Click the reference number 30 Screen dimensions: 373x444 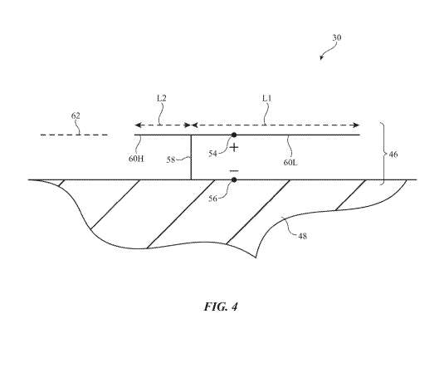point(336,37)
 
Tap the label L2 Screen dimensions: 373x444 point(162,97)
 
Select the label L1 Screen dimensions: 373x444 point(266,97)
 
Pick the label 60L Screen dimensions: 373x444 point(290,162)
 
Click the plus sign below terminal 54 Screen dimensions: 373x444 point(234,147)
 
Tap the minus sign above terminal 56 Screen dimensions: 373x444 point(234,169)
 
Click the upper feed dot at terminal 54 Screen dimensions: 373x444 point(234,135)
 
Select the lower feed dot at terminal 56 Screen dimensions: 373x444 point(234,179)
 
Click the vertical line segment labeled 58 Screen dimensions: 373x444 point(192,158)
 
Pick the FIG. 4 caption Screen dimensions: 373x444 point(221,307)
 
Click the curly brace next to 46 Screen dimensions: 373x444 point(383,154)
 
